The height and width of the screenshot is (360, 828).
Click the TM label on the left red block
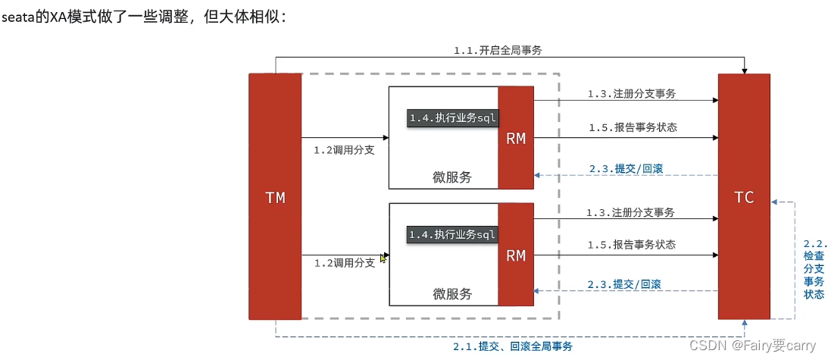click(x=275, y=198)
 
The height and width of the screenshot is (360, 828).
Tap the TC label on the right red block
click(x=744, y=197)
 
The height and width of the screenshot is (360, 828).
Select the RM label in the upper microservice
click(x=516, y=138)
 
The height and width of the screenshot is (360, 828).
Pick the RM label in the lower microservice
click(x=516, y=255)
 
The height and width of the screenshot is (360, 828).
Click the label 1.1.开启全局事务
click(x=498, y=50)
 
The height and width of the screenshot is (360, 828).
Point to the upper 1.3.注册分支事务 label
click(x=631, y=94)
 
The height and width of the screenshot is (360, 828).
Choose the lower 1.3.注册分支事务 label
click(x=630, y=212)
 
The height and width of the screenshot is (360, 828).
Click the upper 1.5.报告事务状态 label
click(x=633, y=127)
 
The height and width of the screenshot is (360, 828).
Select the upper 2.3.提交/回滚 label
click(x=625, y=168)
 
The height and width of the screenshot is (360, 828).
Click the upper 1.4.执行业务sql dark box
click(x=452, y=117)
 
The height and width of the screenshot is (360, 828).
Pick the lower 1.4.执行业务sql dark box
click(x=452, y=235)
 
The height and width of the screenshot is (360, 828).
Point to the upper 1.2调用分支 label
click(x=344, y=150)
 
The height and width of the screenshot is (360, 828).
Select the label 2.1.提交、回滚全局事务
click(x=513, y=346)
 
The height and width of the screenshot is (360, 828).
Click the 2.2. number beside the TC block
click(x=815, y=244)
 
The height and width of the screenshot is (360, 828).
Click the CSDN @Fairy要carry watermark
click(x=763, y=346)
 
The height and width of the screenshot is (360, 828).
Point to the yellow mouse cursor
click(x=383, y=258)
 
